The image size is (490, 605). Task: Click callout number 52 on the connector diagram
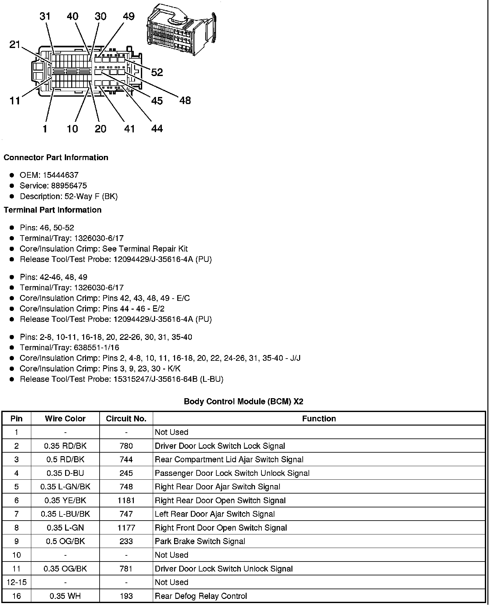coord(157,72)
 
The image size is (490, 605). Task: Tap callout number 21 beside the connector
coord(15,44)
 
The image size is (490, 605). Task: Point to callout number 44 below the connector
coord(157,129)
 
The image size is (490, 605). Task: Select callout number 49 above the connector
coord(129,16)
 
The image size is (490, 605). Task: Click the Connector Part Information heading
coord(56,158)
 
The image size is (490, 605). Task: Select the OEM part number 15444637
coord(61,175)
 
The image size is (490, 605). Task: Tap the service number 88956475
coord(69,186)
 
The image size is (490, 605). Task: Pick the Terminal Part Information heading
coord(53,210)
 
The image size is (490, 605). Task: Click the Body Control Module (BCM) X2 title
coord(243,401)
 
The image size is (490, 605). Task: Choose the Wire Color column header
coord(65,418)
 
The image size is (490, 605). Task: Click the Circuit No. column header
coord(126,418)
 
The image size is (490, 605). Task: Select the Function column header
coord(319,418)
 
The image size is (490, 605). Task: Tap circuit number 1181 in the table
coord(126,500)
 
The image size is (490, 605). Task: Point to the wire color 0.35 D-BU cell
coord(65,473)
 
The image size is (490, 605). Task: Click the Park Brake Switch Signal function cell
coord(200,541)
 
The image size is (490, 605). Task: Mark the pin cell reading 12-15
coord(16,582)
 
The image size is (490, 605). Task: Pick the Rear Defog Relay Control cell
coord(201,596)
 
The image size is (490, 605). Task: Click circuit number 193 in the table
coord(126,596)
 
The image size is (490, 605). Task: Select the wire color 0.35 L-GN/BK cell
coord(65,487)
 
